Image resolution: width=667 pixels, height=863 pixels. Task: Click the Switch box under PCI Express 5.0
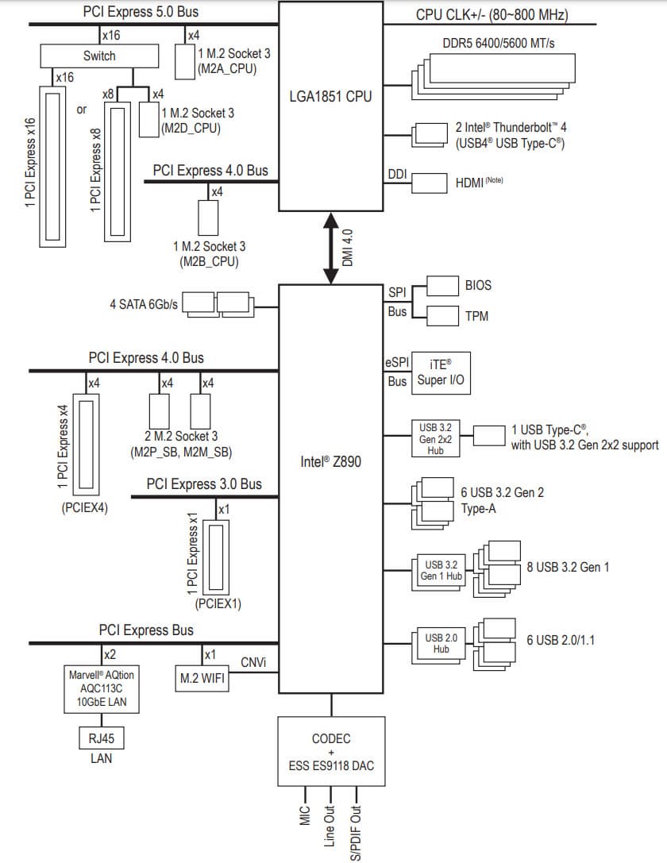99,56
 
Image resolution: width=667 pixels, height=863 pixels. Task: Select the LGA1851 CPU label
330,97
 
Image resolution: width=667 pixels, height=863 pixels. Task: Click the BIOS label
478,285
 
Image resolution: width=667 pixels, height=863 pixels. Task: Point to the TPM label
477,316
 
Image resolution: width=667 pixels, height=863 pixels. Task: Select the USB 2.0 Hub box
441,643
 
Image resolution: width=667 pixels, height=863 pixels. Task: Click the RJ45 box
101,738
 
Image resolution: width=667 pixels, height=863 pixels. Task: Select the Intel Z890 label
331,460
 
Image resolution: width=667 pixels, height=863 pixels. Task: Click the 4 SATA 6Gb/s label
145,304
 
